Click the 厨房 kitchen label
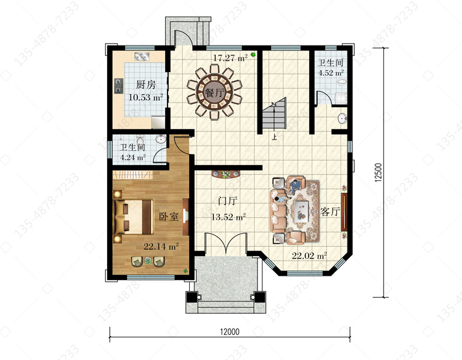145,85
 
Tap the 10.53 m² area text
146,97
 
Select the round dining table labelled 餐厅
214,92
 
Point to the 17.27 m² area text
230,58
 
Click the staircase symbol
274,113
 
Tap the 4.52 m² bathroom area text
331,73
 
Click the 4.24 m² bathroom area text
133,157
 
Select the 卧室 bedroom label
169,217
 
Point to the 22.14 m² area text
161,246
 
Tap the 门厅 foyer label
227,201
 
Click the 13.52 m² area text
229,217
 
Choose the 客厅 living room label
330,211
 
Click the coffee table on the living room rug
301,210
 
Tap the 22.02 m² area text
309,255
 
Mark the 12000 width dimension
230,332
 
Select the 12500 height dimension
378,173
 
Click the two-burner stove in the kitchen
118,86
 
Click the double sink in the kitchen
142,57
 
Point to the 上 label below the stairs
274,137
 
